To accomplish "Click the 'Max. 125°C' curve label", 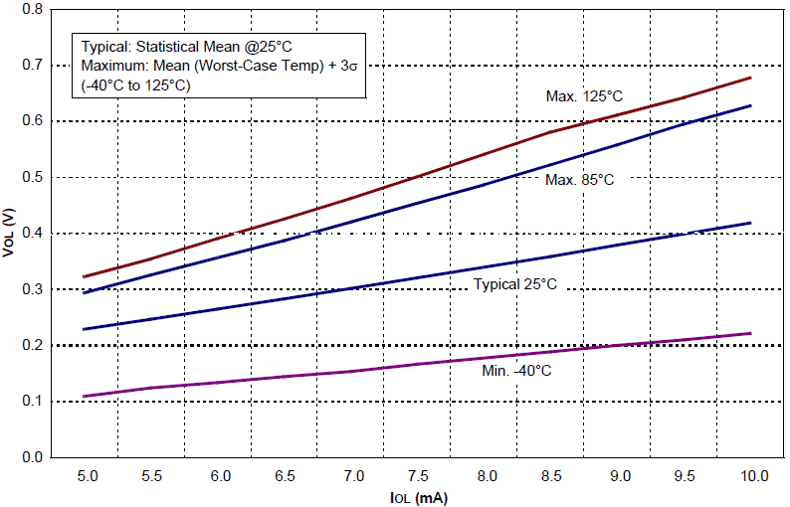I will click(584, 96).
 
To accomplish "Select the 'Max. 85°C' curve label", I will click(580, 180).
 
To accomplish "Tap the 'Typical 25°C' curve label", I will click(514, 285).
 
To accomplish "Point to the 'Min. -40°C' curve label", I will click(516, 371).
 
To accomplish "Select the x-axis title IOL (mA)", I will click(418, 496).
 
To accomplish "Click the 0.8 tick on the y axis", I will click(32, 9).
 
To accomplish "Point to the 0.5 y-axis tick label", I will click(32, 177).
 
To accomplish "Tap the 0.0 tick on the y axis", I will click(32, 458).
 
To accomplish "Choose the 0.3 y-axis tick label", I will click(32, 289).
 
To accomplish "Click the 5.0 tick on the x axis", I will click(87, 476).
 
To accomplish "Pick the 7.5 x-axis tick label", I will click(419, 476).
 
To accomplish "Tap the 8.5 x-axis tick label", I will click(552, 476).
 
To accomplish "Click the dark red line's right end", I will click(750, 78).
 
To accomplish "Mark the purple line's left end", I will click(85, 397).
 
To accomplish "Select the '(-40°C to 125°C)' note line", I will click(135, 85).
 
